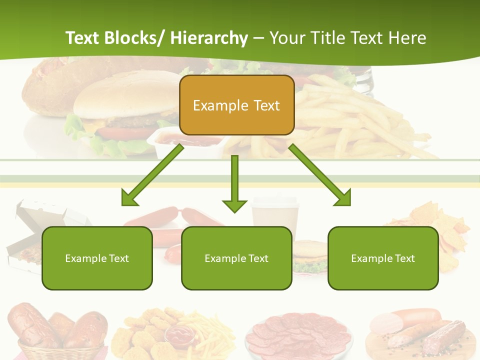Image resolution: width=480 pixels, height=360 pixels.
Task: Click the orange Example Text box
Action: coord(236,105)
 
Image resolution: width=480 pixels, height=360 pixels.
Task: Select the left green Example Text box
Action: coord(97,258)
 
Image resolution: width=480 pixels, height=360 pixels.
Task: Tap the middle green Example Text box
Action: coord(236,258)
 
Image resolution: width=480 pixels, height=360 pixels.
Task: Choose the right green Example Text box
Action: coord(383,258)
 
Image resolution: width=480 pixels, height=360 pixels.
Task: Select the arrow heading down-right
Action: coord(320,175)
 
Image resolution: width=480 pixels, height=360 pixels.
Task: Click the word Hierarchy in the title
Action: coord(208,38)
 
